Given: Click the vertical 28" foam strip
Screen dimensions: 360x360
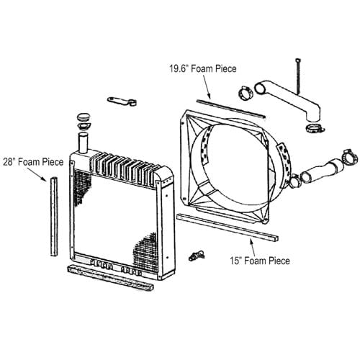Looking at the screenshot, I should click(x=53, y=216).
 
